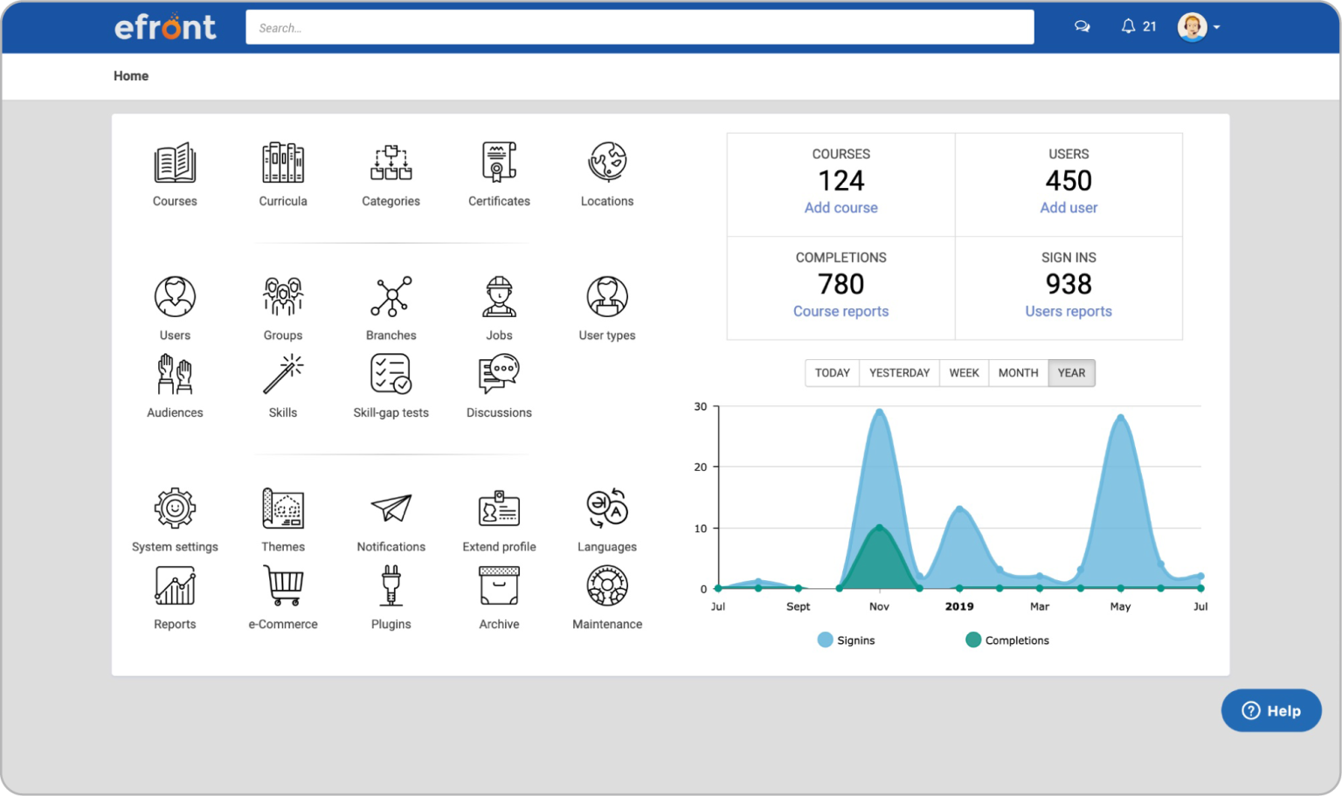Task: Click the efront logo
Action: (x=165, y=27)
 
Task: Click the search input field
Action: (x=639, y=28)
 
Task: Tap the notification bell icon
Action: (x=1128, y=26)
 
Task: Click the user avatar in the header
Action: (x=1192, y=27)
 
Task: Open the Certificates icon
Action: (x=499, y=163)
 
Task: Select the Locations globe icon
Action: (x=607, y=163)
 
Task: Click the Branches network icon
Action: (x=391, y=297)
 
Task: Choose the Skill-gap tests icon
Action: (x=391, y=375)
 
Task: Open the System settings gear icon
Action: (x=175, y=509)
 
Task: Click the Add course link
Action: (x=840, y=208)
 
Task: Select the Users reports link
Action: (x=1068, y=312)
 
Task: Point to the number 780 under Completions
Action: (x=840, y=284)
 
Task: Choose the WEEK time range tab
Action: (x=964, y=373)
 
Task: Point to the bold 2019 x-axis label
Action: (x=958, y=606)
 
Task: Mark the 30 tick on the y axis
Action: (x=701, y=406)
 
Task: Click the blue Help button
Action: (x=1270, y=710)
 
